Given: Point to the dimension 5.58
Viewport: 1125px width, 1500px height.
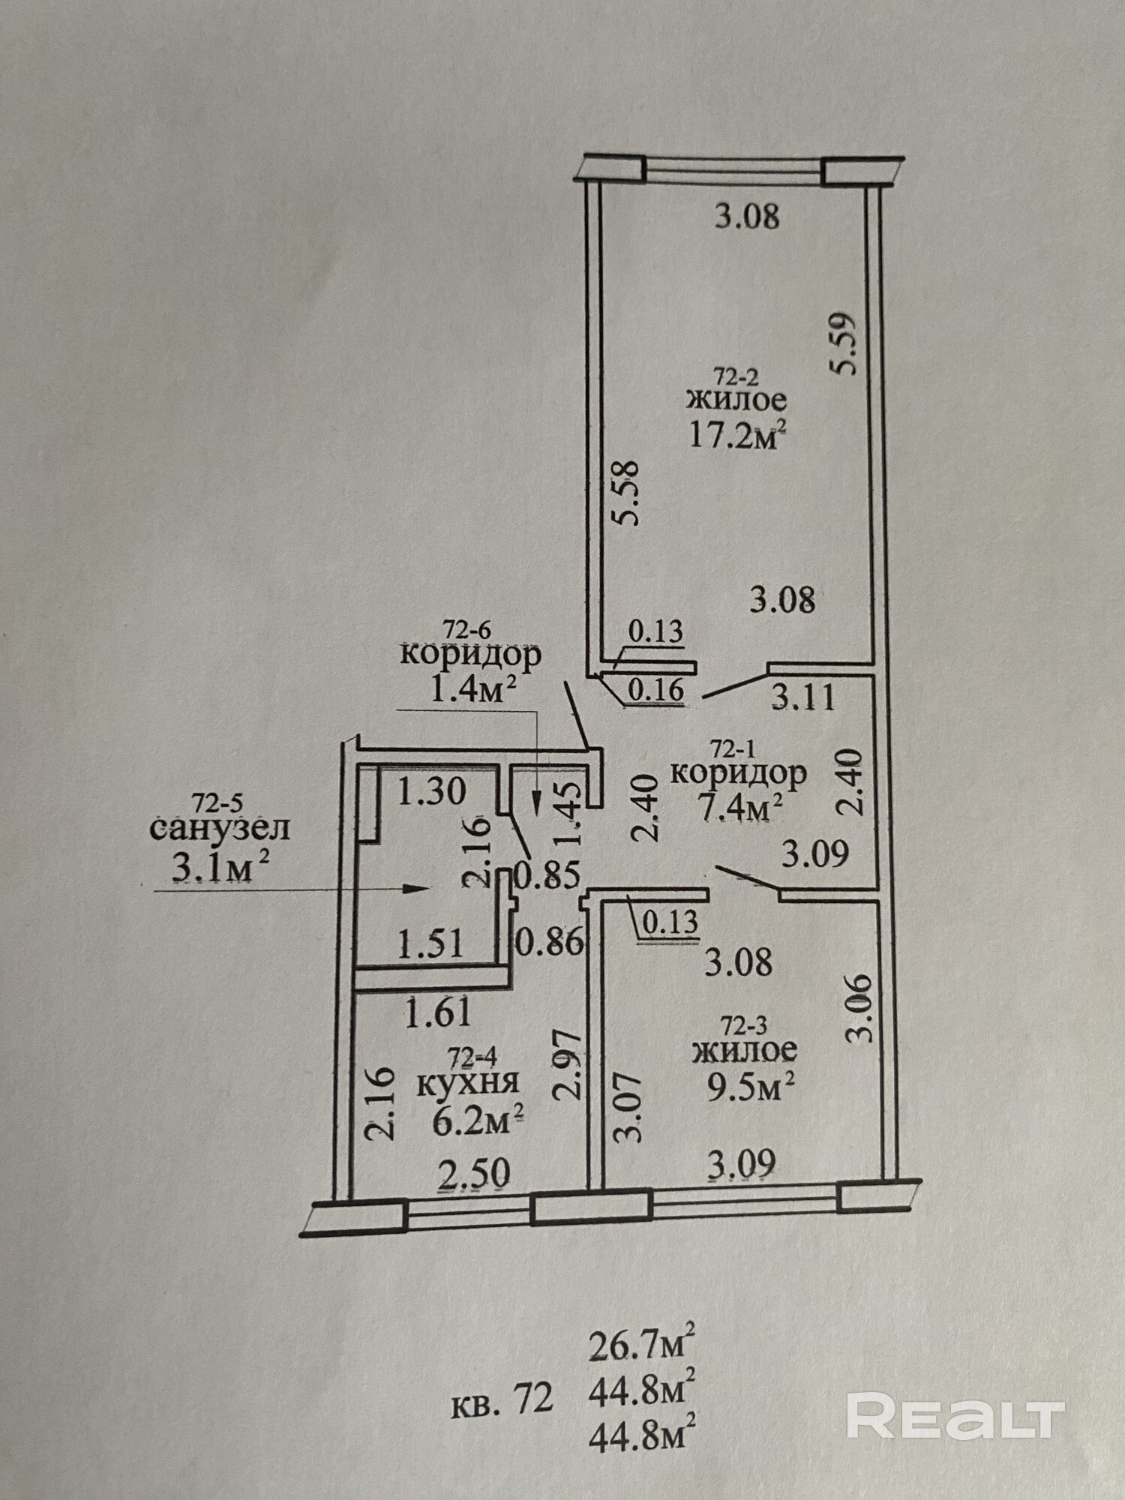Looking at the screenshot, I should click(625, 493).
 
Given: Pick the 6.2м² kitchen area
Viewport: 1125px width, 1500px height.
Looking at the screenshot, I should click(478, 1120).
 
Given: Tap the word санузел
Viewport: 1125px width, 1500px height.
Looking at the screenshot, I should click(220, 829).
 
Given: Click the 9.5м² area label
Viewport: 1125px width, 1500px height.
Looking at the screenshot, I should click(744, 1087).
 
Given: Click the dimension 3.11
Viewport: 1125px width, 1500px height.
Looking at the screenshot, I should click(803, 698).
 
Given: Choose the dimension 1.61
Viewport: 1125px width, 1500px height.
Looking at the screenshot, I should click(439, 1014).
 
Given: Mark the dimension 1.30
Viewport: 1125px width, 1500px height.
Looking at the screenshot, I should click(432, 792).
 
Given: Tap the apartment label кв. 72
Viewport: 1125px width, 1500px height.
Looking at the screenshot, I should click(502, 1397).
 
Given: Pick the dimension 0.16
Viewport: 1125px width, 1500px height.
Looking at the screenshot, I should click(655, 690).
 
